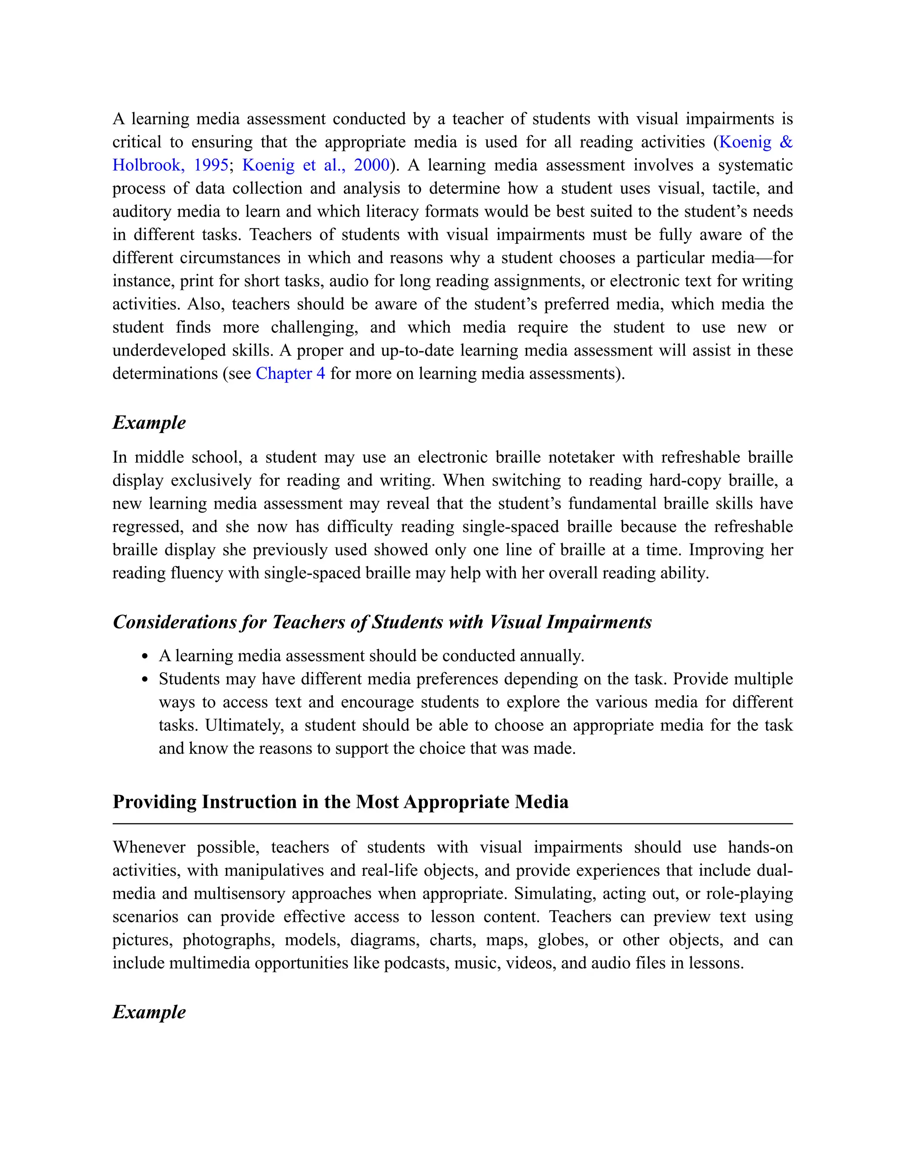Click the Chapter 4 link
(290, 374)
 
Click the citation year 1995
(211, 165)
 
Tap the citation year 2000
(371, 165)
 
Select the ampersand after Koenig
(785, 142)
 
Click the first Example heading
(149, 422)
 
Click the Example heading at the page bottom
(149, 1012)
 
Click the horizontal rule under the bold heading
(452, 824)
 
